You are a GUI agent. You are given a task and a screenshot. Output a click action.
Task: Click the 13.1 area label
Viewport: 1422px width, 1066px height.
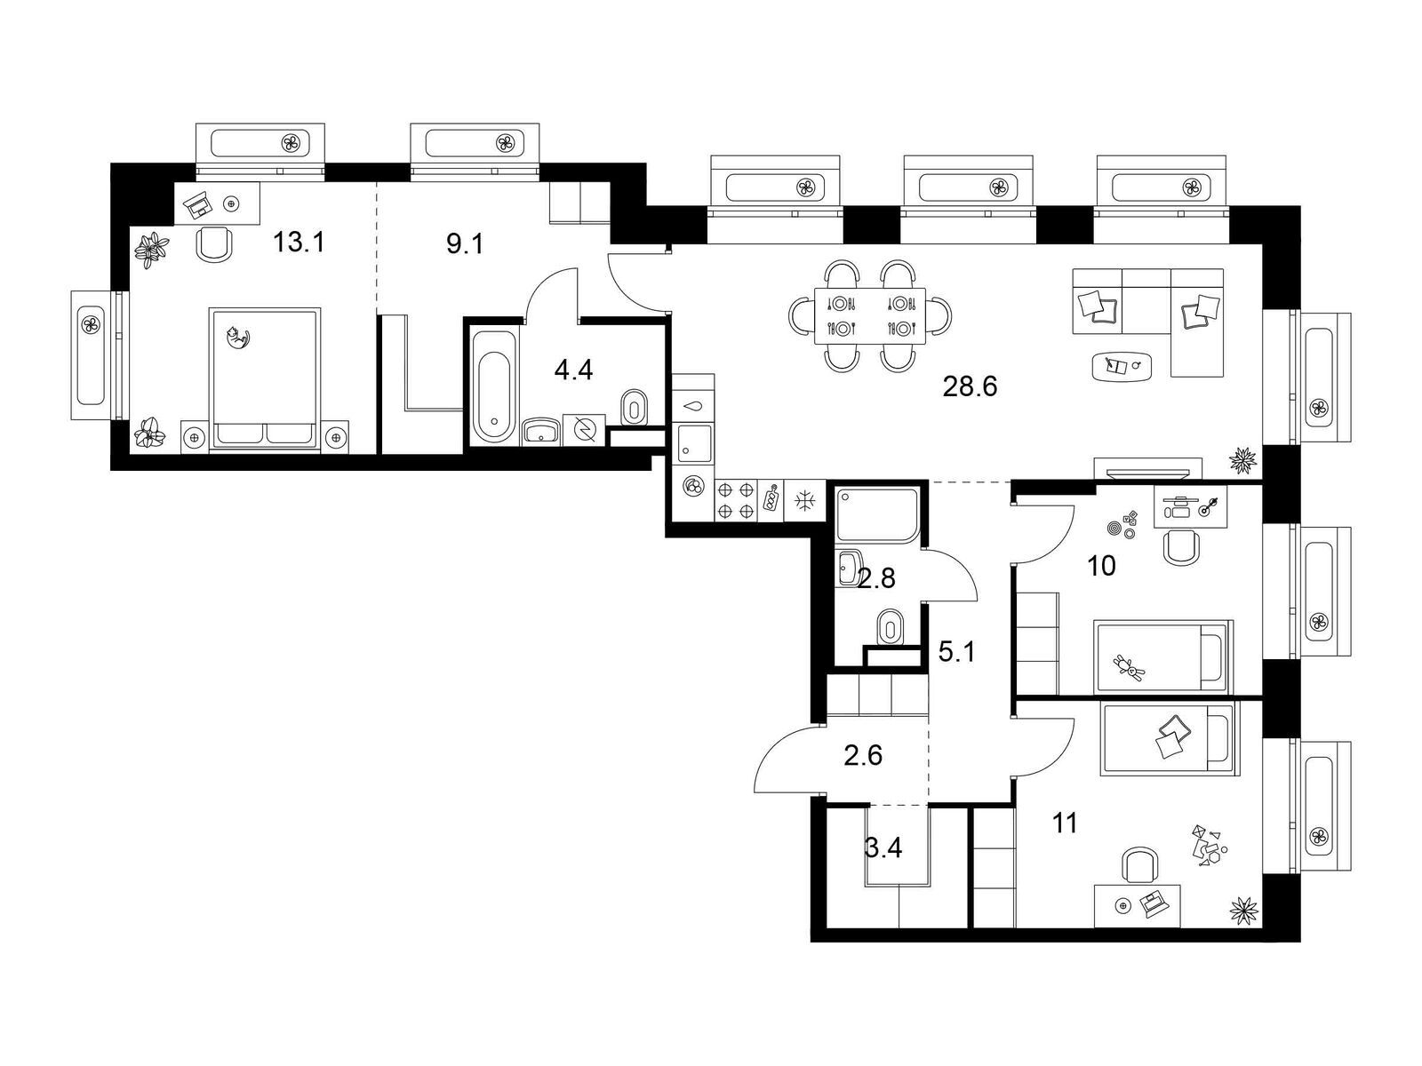point(298,243)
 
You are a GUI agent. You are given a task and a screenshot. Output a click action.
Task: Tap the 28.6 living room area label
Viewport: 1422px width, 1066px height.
point(969,386)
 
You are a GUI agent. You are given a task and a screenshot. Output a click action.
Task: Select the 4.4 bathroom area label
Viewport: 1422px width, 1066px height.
point(573,370)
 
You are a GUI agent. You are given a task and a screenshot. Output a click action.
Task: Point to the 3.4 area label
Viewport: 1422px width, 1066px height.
point(883,847)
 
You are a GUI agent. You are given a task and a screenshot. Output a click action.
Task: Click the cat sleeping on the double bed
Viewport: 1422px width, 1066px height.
point(237,338)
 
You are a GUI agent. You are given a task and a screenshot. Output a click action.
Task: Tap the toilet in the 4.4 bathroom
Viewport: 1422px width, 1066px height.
point(634,408)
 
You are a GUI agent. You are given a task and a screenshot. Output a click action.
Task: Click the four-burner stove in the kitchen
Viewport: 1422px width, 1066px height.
point(735,499)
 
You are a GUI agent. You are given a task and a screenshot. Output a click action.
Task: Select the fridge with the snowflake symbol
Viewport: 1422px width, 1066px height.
point(804,499)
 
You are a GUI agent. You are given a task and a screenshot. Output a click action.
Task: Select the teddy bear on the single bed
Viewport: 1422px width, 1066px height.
point(1128,666)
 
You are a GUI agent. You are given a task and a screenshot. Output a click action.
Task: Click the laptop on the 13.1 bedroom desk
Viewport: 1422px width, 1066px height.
point(199,203)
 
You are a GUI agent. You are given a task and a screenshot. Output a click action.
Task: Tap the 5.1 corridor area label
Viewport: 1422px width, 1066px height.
point(956,652)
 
